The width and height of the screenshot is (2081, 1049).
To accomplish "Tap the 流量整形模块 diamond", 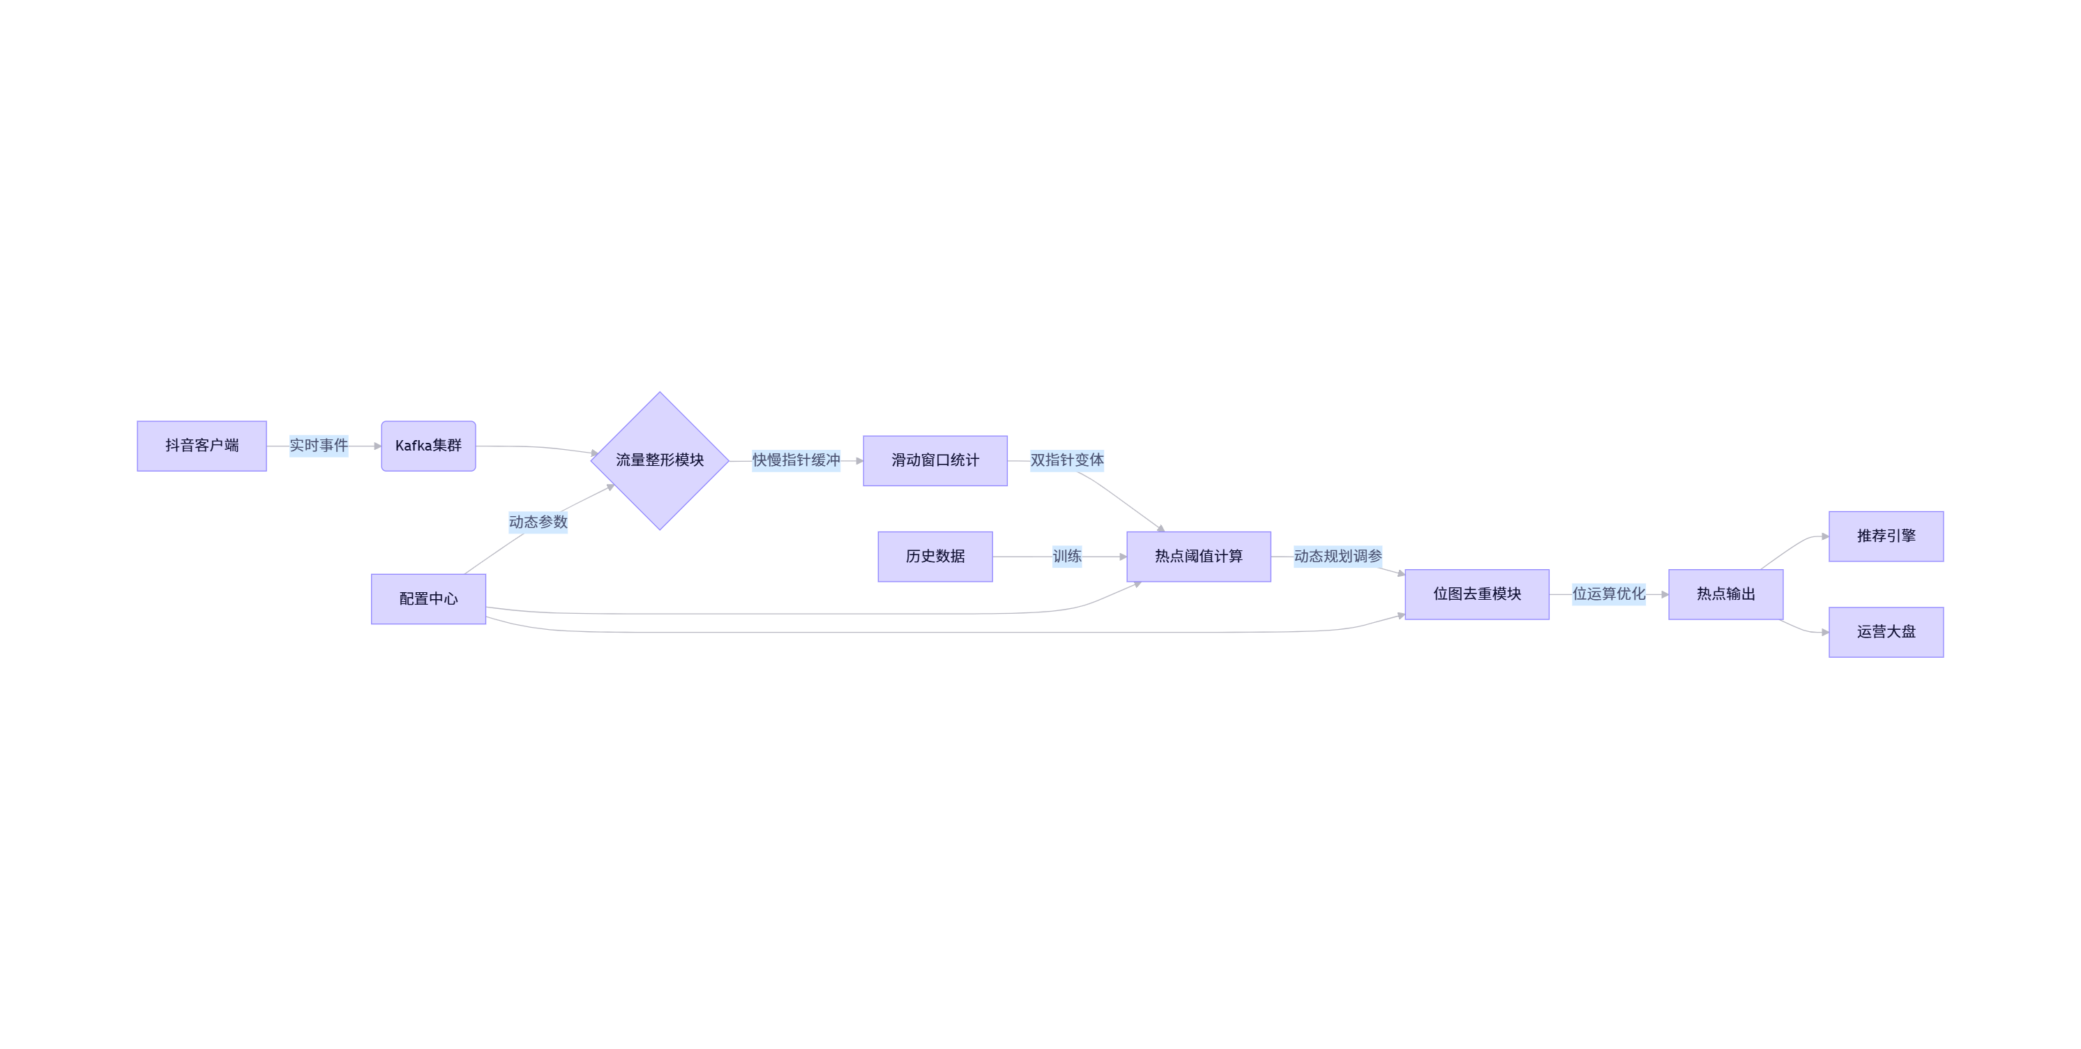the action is tap(659, 460).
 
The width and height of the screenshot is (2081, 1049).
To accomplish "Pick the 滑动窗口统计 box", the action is tap(934, 460).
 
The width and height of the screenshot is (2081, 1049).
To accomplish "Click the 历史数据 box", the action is tap(934, 556).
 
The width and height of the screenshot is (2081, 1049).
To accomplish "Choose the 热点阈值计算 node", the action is tap(1198, 556).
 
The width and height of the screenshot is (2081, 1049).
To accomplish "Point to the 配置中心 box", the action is tap(428, 599).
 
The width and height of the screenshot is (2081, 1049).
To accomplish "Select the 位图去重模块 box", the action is tap(1477, 594).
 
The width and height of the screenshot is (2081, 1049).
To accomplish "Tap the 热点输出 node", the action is tap(1725, 594).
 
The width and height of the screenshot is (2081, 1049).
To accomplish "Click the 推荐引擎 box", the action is tap(1886, 536).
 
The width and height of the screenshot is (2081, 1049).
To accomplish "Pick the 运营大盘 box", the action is tap(1886, 632).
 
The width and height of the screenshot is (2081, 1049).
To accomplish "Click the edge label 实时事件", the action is tap(318, 445).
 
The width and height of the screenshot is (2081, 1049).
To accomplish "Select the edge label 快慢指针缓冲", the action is tap(796, 460).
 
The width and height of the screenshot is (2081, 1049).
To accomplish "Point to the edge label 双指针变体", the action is tap(1066, 460).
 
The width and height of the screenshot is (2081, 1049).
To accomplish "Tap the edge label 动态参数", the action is tap(538, 522).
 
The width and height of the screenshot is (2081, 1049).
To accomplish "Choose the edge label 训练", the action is tap(1066, 556).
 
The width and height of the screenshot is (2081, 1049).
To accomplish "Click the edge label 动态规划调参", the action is tap(1338, 556).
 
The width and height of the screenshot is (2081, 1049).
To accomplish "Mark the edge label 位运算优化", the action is tap(1608, 594).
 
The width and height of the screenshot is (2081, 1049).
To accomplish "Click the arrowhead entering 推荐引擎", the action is tap(1824, 536).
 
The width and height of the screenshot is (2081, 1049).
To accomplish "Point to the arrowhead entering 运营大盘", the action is tap(1824, 632).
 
